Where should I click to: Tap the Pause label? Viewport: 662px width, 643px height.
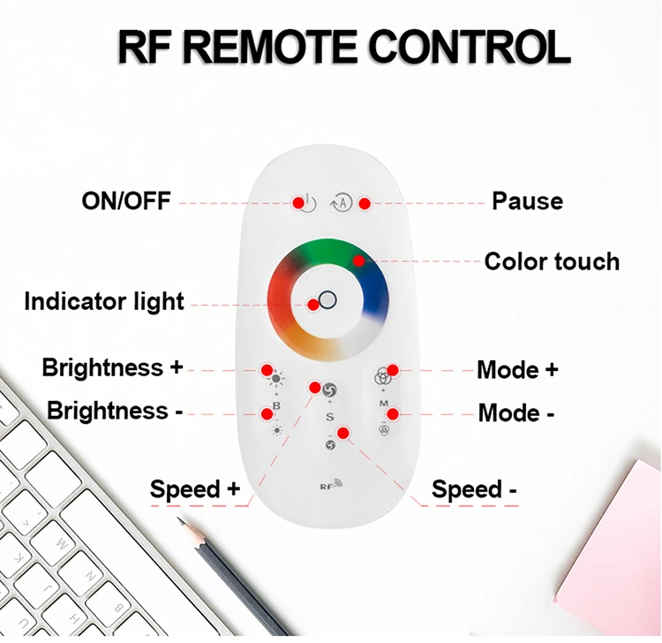tap(527, 200)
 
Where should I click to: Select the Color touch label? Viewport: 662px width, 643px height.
tap(552, 261)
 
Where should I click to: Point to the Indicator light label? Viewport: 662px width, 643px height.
tap(104, 302)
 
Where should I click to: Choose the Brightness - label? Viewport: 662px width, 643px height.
tap(108, 411)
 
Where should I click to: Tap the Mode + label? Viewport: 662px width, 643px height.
tap(517, 369)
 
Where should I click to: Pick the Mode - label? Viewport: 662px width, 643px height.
tap(517, 412)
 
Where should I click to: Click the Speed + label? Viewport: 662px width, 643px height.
tap(195, 488)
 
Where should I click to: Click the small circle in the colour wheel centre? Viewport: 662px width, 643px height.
tap(327, 299)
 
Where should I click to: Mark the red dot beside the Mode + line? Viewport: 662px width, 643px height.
tap(394, 369)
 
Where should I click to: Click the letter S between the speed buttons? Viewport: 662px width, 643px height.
tap(329, 416)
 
